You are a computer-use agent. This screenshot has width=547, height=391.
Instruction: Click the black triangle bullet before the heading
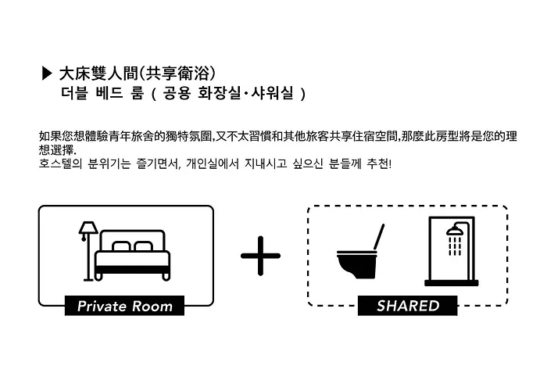[x=47, y=74]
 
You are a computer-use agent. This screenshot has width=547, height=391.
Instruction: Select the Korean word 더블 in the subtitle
[x=74, y=93]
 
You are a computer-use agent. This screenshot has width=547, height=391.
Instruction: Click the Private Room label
[x=124, y=306]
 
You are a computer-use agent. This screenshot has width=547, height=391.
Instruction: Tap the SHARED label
[x=407, y=306]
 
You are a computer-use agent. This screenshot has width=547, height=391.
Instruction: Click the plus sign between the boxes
[x=260, y=256]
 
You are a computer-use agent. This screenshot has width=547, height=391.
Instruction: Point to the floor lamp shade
[x=88, y=228]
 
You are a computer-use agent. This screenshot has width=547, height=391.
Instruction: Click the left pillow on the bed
[x=122, y=246]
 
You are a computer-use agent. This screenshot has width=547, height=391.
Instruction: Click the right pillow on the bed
[x=143, y=246]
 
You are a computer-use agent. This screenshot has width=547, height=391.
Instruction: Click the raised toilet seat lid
[x=379, y=237]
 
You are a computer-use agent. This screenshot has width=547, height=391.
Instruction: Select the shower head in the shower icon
[x=455, y=231]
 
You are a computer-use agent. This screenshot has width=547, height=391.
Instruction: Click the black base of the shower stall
[x=452, y=283]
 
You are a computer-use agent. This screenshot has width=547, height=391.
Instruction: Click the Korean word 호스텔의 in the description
[x=61, y=163]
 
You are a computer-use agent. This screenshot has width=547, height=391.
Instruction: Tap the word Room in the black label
[x=152, y=307]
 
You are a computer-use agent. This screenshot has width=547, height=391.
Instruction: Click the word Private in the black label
[x=102, y=307]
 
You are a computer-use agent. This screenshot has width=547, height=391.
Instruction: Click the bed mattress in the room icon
[x=133, y=259]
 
